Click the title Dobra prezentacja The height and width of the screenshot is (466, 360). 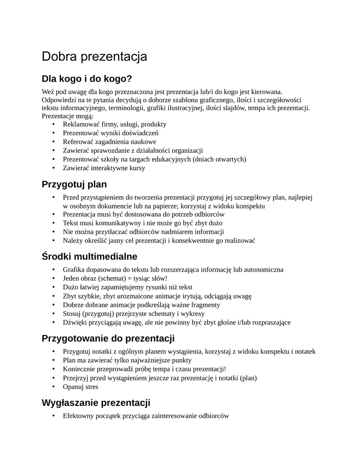tap(95, 57)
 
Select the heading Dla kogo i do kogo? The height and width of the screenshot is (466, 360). tap(86, 79)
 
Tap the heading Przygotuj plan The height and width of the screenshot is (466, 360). tap(74, 184)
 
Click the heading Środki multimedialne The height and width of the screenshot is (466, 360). tap(89, 256)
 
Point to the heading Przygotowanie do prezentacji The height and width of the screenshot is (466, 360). tap(108, 339)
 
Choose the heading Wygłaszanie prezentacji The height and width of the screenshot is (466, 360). tap(96, 403)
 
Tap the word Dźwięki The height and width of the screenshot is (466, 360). tap(75, 323)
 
